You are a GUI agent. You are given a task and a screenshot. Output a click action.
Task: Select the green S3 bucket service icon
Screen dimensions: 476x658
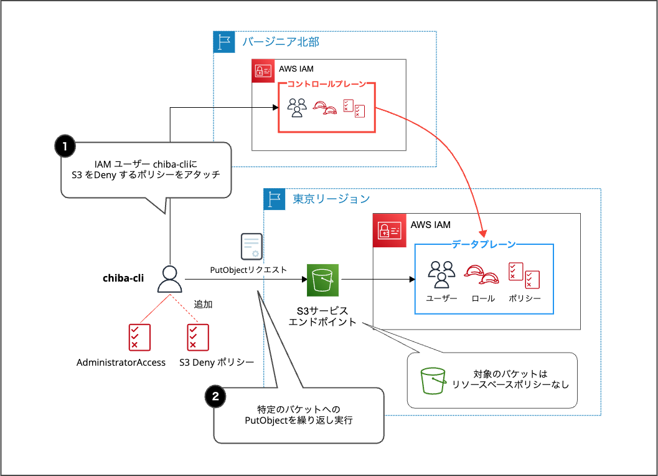tap(322, 280)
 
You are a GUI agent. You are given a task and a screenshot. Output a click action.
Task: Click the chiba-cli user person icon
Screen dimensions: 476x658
tap(168, 278)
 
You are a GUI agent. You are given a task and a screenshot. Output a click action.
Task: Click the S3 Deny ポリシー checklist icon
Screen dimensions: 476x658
tap(198, 337)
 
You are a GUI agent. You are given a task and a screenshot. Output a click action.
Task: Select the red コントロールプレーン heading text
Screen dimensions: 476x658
tap(326, 84)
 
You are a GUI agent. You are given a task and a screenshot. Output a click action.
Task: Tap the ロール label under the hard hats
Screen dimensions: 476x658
tap(484, 298)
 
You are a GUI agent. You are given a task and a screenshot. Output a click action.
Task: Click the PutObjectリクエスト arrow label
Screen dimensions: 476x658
tap(249, 270)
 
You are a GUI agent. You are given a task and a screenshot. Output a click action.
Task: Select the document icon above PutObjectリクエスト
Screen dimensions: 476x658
tap(251, 246)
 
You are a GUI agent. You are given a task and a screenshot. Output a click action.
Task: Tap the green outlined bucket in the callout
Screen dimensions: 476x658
tap(433, 380)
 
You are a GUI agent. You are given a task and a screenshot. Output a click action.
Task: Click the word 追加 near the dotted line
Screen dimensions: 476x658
tap(203, 304)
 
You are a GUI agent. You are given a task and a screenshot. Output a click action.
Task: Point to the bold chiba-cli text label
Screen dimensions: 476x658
tap(123, 278)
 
